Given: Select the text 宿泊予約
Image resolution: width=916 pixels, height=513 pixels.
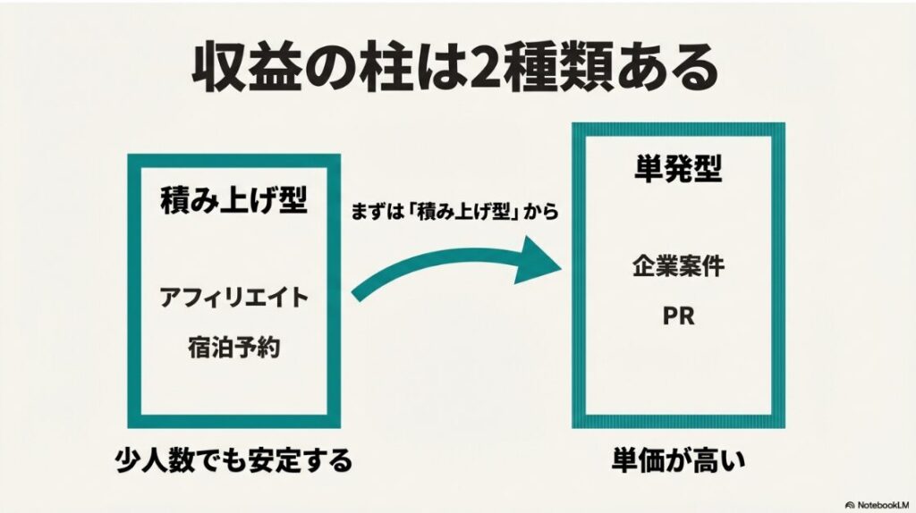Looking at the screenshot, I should pos(234,347).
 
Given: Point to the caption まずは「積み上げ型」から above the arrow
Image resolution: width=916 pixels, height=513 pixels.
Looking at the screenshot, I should pos(455,214).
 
